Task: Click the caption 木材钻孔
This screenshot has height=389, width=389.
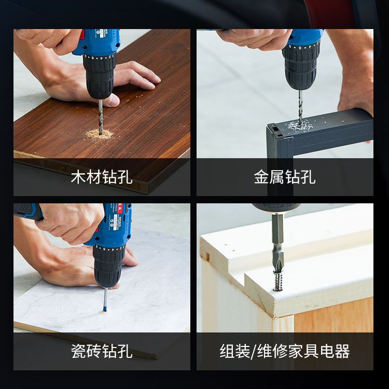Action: point(102,177)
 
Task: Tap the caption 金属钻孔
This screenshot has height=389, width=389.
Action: point(285,177)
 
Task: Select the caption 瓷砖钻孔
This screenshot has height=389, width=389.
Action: point(102,351)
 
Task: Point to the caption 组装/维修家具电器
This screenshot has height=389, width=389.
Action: point(285,351)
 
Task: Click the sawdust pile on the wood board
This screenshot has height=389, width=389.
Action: point(99,134)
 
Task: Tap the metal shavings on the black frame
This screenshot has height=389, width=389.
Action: point(300,125)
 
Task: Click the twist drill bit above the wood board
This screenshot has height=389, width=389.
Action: point(101,117)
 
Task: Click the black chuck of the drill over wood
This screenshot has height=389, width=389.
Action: point(100,76)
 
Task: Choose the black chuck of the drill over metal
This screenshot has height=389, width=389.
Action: point(301,67)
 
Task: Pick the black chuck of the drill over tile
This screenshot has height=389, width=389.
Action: point(108,266)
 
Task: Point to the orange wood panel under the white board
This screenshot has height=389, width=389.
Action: point(334,315)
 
